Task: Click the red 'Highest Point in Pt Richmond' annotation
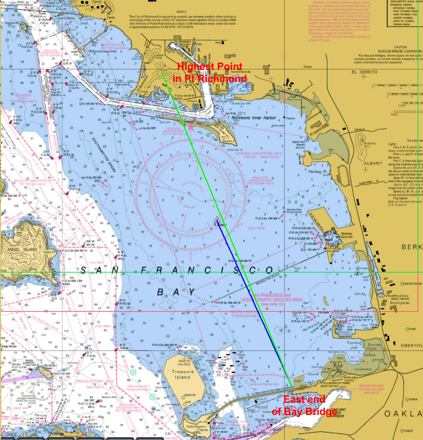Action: [x=209, y=72]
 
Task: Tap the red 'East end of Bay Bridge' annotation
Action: [x=304, y=405]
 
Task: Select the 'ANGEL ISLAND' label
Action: [x=22, y=250]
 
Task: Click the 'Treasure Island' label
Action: [x=183, y=374]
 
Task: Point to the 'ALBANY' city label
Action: [x=373, y=163]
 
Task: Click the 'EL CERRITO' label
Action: [x=364, y=72]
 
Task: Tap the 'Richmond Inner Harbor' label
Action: [x=253, y=118]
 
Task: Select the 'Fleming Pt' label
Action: [x=317, y=172]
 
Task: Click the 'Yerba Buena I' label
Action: [x=196, y=427]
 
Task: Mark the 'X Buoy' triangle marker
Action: [x=217, y=220]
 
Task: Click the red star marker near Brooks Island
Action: [x=191, y=127]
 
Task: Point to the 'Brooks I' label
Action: [x=228, y=141]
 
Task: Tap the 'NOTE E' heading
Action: [x=181, y=12]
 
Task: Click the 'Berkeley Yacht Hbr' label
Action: [x=347, y=235]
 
